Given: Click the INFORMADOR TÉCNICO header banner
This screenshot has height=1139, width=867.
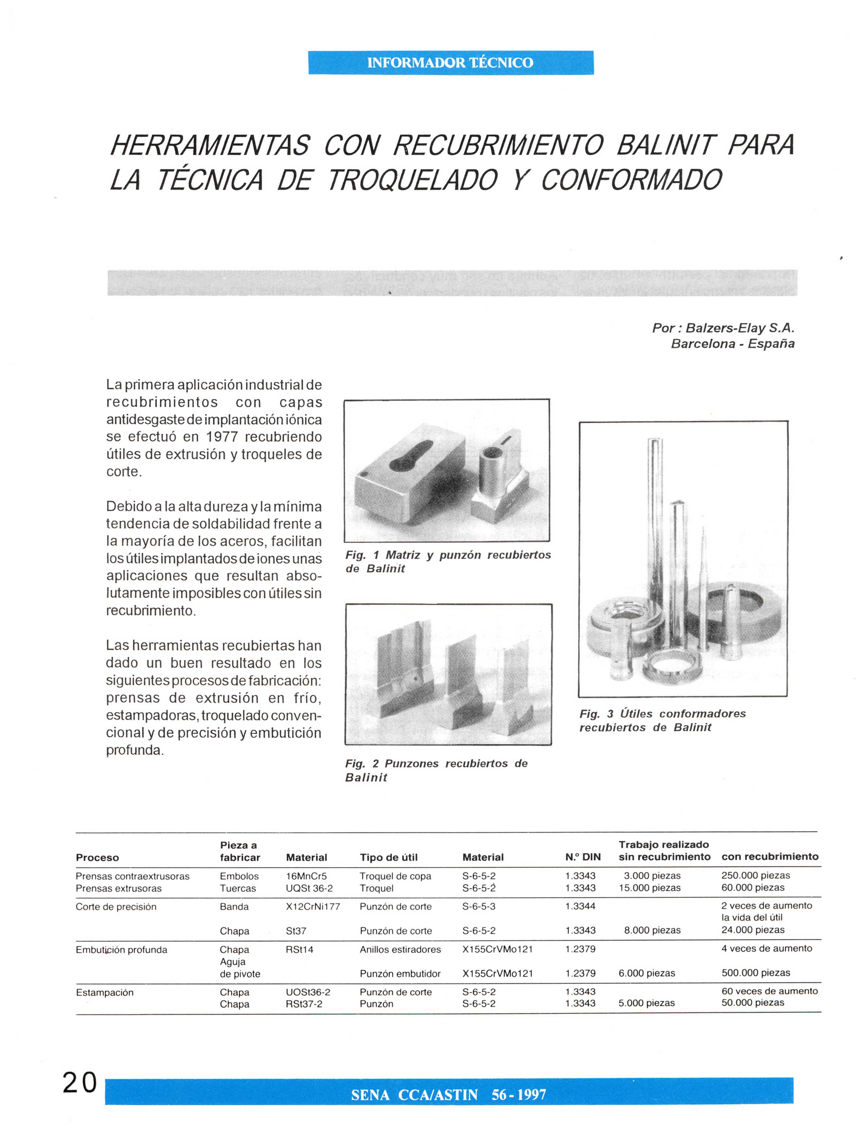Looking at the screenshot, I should [451, 63].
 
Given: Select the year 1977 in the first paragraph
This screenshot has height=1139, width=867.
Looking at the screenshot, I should [222, 437].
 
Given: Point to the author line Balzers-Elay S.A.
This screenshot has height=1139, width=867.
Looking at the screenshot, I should [723, 328].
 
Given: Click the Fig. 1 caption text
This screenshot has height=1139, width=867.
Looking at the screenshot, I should [447, 562].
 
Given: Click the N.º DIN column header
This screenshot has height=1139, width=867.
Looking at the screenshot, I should [583, 857].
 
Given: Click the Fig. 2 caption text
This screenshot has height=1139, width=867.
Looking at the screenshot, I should [436, 770].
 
